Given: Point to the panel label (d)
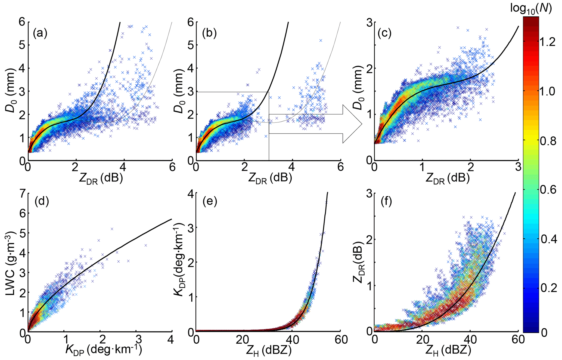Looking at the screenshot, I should [41, 201].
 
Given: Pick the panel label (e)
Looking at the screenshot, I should [210, 201].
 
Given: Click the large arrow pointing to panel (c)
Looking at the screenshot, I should [315, 124].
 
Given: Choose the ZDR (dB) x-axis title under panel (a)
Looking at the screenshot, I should [101, 179].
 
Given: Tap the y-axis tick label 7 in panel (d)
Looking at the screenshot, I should [22, 194].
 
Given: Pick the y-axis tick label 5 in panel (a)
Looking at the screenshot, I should [22, 45].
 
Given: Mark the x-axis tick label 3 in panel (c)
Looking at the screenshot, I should [518, 167].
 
